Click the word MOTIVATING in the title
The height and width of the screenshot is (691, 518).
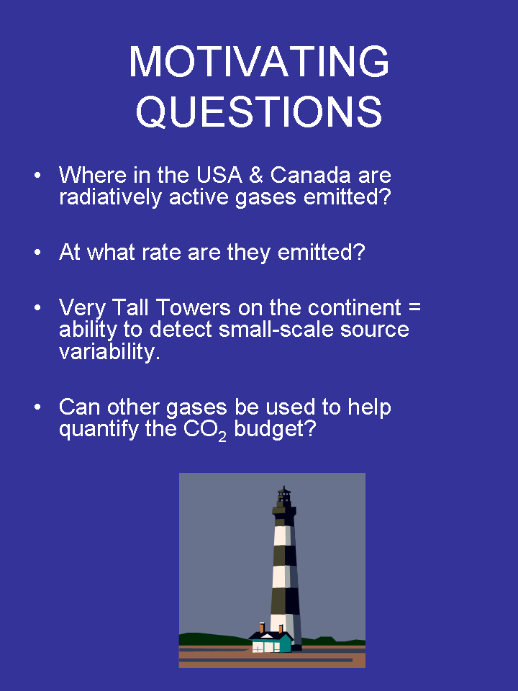[259, 61]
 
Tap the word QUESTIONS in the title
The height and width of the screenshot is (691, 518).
[259, 112]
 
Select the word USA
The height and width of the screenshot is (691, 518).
[219, 176]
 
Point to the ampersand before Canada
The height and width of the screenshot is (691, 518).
[256, 176]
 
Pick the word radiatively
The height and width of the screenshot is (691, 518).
[110, 197]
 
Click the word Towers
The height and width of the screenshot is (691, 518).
[194, 307]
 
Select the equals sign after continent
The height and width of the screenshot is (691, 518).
[414, 307]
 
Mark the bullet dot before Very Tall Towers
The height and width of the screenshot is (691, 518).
[37, 307]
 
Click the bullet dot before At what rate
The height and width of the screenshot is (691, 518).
[37, 253]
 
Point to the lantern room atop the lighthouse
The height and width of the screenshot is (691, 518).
[284, 497]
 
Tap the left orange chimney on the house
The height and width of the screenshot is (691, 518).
[262, 628]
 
